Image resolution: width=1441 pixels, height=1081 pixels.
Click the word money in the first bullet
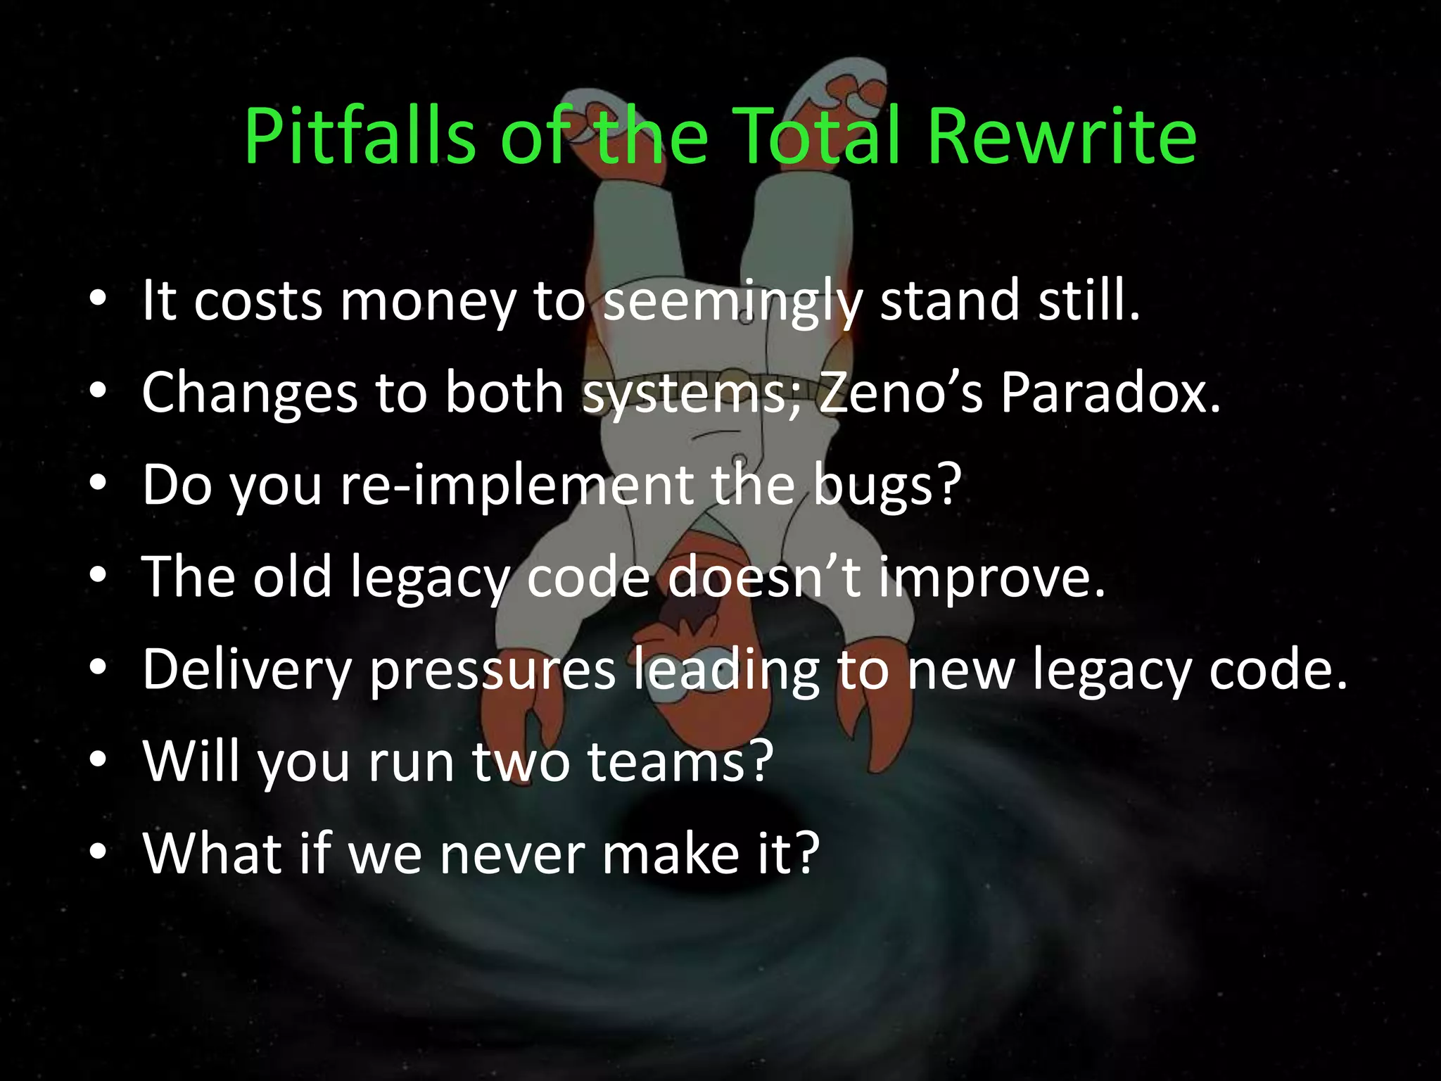tap(428, 301)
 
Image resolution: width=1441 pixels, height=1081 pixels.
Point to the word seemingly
tap(732, 301)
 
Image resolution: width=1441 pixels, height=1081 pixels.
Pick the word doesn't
tap(763, 576)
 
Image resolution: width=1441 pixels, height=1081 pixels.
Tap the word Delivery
tap(247, 669)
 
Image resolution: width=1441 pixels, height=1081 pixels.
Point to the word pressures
tap(493, 671)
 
